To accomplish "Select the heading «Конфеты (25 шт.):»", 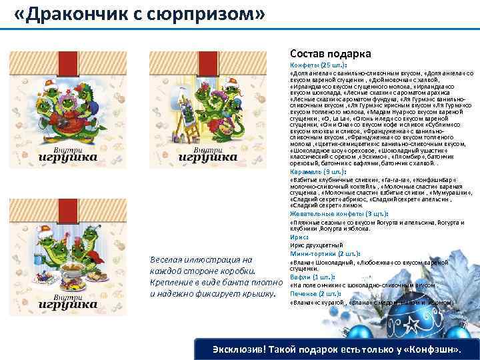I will click(x=318, y=65).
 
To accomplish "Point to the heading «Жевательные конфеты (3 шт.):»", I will click(x=339, y=214).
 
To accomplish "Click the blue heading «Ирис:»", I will click(x=299, y=236).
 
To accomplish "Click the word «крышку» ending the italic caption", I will click(x=257, y=293).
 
